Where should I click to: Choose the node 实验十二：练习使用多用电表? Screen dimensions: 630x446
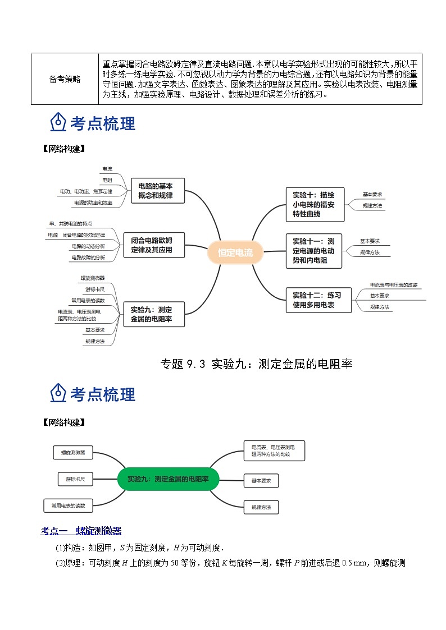pos(316,300)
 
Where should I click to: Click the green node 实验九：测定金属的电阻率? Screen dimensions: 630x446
pos(168,479)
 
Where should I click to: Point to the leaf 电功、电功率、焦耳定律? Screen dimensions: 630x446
pos(86,191)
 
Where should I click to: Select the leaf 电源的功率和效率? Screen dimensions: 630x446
pos(93,203)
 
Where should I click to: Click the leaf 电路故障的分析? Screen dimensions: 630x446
pos(88,257)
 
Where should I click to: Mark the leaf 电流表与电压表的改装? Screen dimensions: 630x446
pos(394,285)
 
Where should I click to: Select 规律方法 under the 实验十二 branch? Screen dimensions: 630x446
pos(380,307)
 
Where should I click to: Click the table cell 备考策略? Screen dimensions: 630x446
pos(65,79)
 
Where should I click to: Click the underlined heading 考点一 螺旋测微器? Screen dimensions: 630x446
pos(81,531)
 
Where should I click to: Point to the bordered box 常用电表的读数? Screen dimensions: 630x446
pos(68,505)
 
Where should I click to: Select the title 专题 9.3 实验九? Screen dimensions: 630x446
pos(256,364)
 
